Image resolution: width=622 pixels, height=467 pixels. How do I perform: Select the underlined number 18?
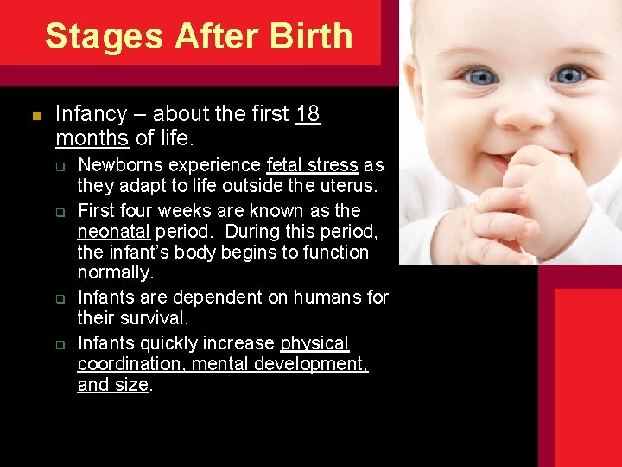pyautogui.click(x=308, y=114)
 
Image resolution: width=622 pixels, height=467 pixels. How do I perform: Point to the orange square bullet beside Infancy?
pyautogui.click(x=35, y=116)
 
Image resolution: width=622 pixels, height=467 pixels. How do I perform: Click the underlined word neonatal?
pyautogui.click(x=114, y=231)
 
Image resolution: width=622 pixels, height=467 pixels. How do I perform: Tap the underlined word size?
pyautogui.click(x=132, y=386)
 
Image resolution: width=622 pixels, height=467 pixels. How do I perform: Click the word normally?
pyautogui.click(x=115, y=274)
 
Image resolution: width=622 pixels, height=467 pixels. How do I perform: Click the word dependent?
pyautogui.click(x=194, y=297)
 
